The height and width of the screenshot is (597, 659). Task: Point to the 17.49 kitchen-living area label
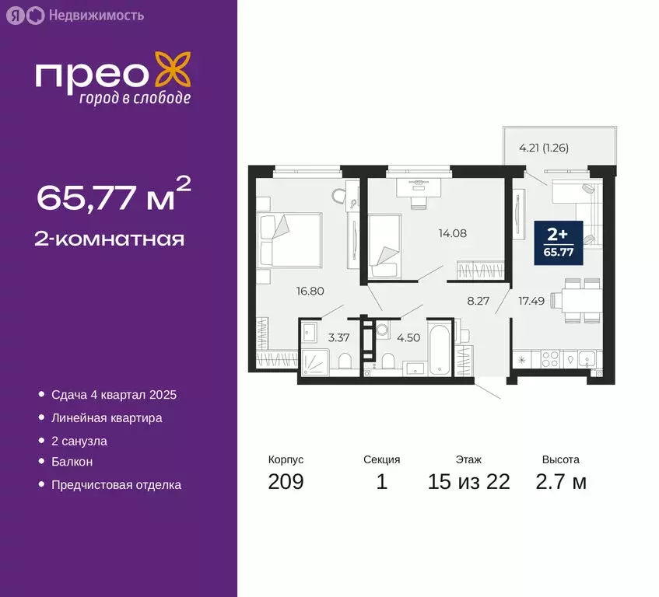533,301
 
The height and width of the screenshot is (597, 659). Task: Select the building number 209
286,482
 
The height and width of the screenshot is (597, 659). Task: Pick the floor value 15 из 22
468,482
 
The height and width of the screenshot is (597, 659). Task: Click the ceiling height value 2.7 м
560,482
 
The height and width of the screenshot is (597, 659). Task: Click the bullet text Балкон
72,462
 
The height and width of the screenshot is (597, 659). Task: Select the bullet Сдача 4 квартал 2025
114,395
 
